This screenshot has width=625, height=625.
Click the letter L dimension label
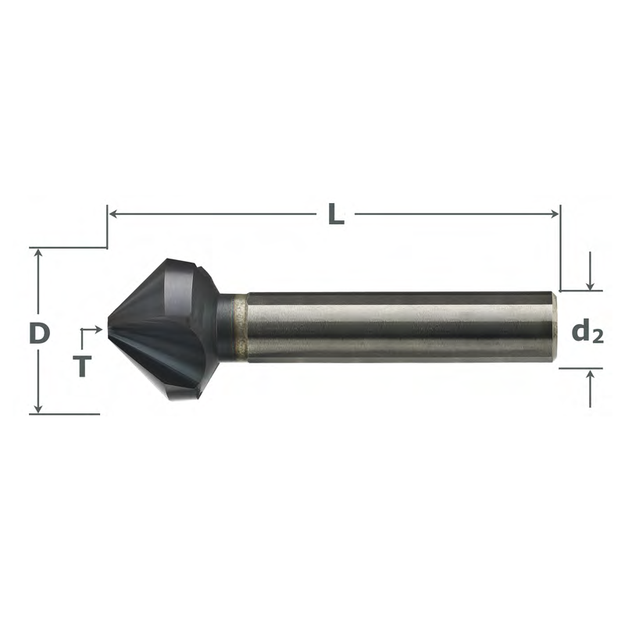click(336, 214)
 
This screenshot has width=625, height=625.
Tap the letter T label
click(83, 366)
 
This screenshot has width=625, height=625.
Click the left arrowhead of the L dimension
click(113, 214)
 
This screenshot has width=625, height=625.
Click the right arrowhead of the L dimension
click(554, 214)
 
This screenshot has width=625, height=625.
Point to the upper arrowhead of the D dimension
click(38, 253)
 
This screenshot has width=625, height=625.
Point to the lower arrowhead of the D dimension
click(38, 408)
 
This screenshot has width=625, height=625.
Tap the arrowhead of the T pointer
click(98, 329)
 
